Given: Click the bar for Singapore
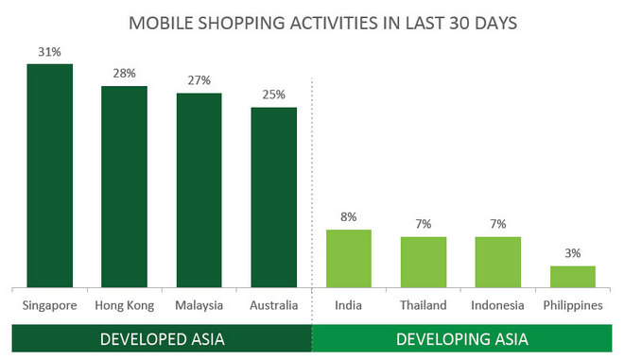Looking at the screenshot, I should tap(49, 175).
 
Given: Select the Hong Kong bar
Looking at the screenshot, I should tap(124, 186).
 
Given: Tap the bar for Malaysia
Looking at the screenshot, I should tap(199, 190).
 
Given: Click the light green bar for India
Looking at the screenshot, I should tap(348, 258).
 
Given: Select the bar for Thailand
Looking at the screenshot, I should tap(423, 262).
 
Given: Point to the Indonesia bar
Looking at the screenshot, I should tap(497, 262).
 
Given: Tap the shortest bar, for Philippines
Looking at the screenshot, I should tap(573, 276).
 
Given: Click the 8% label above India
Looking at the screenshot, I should tap(348, 218).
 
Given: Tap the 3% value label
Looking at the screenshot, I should tap(573, 254).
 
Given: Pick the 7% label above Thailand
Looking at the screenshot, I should tap(423, 225).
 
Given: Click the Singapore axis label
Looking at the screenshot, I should tap(49, 305).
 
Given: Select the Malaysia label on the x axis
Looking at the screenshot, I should tap(199, 305).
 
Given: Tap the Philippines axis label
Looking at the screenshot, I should tap(573, 305).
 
